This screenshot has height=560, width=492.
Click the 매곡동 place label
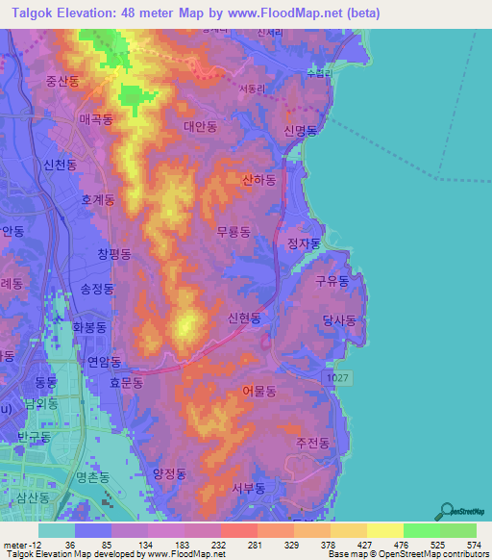pos(96,120)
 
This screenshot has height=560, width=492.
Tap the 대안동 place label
pos(201,126)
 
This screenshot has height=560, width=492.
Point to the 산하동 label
pos(259,180)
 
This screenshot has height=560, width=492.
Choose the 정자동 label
pos(303,243)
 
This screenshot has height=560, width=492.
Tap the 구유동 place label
pos(332,281)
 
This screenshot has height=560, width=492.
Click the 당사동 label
pos(339,320)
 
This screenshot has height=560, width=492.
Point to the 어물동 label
pos(258,392)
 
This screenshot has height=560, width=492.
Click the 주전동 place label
pos(312,444)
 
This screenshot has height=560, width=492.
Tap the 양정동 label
pos(168,473)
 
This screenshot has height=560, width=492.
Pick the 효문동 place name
pos(126,382)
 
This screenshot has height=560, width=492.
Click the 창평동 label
pos(113,254)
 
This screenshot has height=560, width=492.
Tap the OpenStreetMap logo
pos(460,511)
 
